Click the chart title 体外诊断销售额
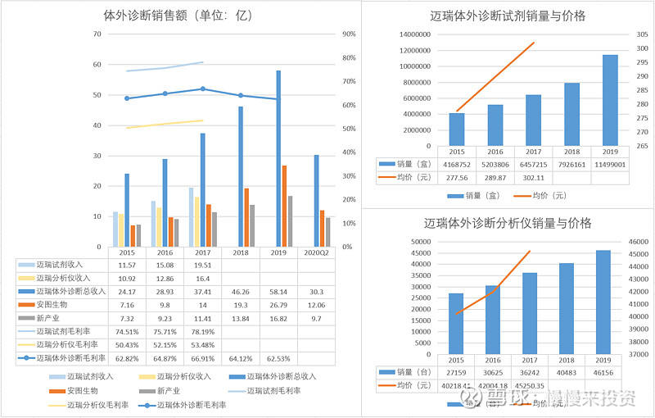176,15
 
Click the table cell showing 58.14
278,291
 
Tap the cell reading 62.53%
278,358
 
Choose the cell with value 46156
604,372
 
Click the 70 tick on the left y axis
97,34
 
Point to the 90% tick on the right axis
348,34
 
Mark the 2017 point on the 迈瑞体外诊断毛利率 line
202,89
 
